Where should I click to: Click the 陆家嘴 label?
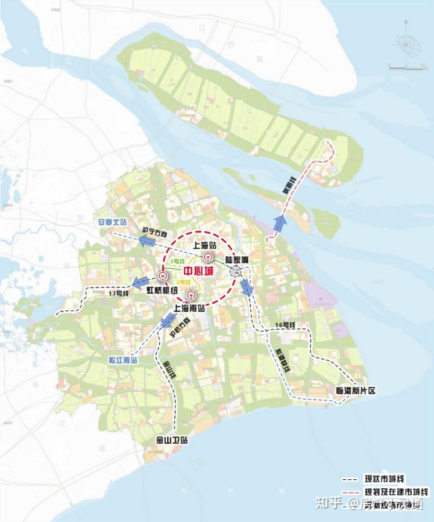(x=237, y=260)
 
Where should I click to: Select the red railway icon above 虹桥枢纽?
(x=162, y=277)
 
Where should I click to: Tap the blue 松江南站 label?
(x=123, y=360)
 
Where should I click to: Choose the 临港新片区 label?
(x=355, y=391)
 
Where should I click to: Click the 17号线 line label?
(x=105, y=292)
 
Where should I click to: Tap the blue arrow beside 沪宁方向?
(x=148, y=242)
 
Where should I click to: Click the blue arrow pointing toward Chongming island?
(x=279, y=225)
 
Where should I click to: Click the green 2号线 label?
(x=177, y=261)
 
